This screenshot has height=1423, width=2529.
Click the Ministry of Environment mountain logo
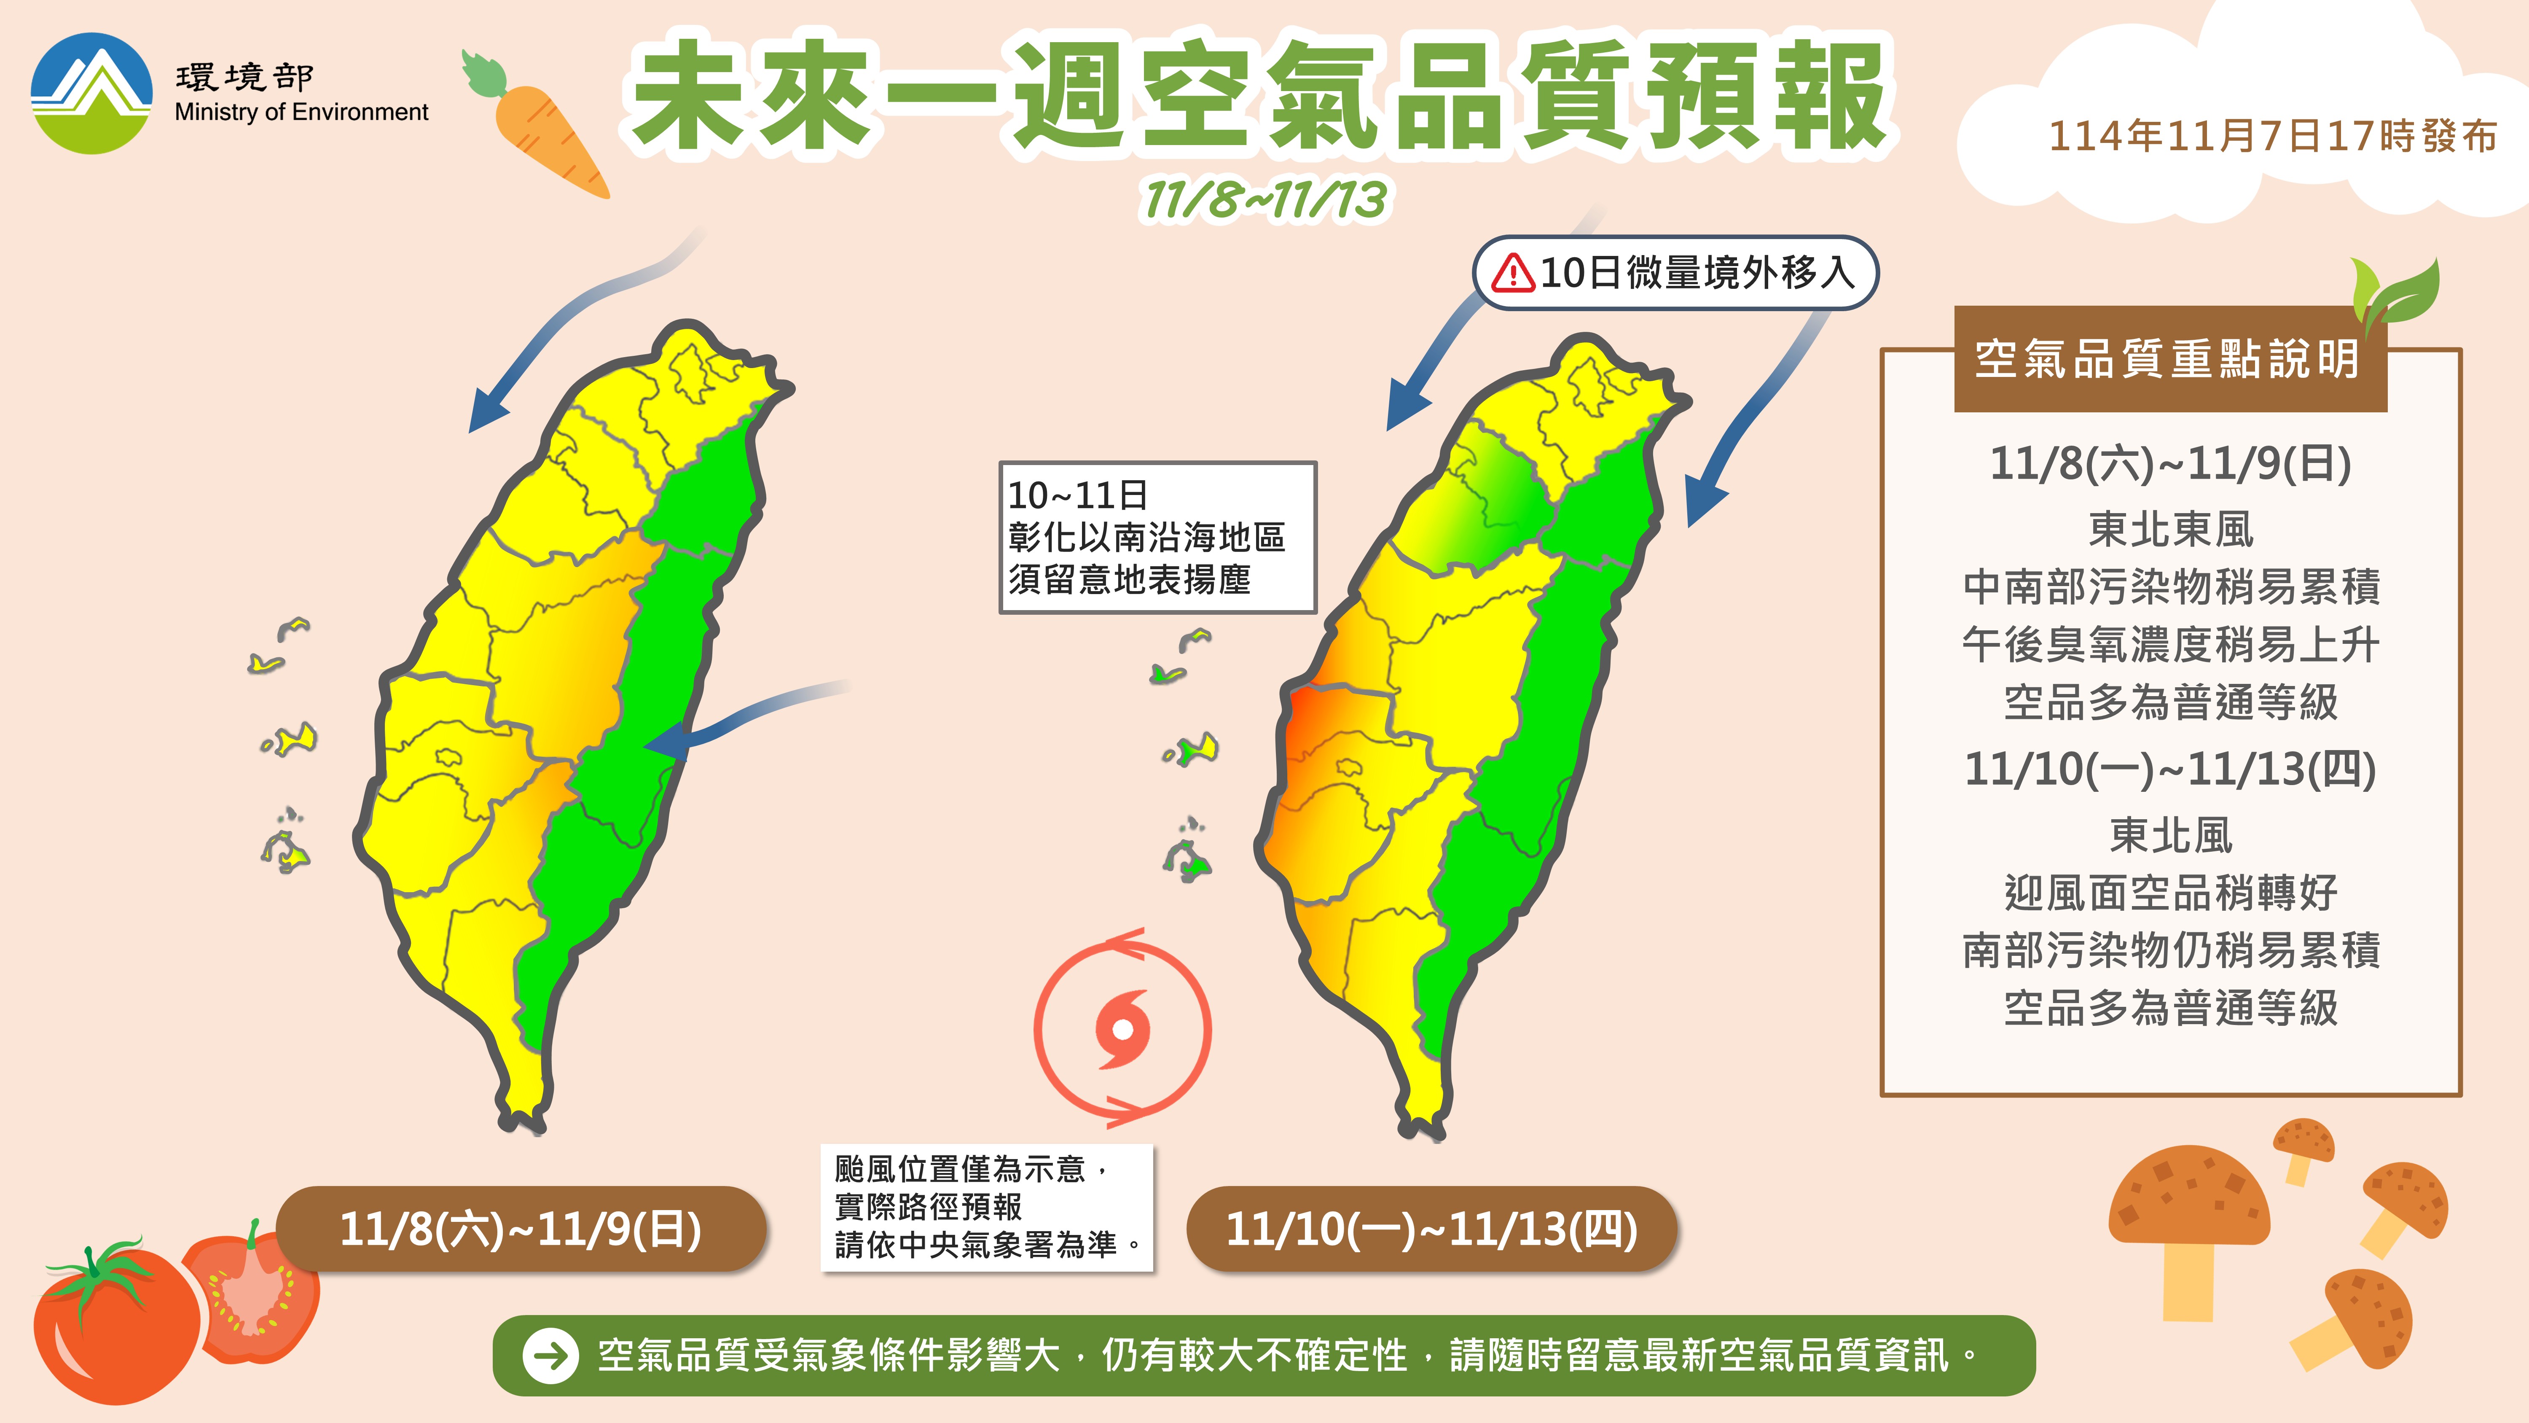[91, 93]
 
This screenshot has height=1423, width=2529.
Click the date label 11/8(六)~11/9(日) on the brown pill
[520, 1229]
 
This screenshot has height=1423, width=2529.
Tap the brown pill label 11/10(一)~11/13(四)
[1431, 1229]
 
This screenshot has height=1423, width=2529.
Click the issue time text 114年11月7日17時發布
[2273, 137]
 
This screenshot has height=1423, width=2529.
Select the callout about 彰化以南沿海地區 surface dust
[1157, 537]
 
